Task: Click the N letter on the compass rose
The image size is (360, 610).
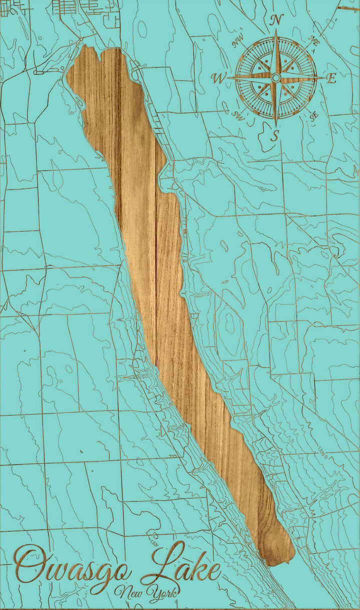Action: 276,20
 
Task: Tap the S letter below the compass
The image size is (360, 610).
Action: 274,135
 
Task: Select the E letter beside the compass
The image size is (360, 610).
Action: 331,78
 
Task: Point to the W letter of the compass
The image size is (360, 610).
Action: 218,78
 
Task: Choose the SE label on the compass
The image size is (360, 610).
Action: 314,116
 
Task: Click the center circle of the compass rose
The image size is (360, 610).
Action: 275,77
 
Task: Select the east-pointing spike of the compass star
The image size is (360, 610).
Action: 310,77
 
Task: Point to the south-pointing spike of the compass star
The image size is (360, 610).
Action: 275,112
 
